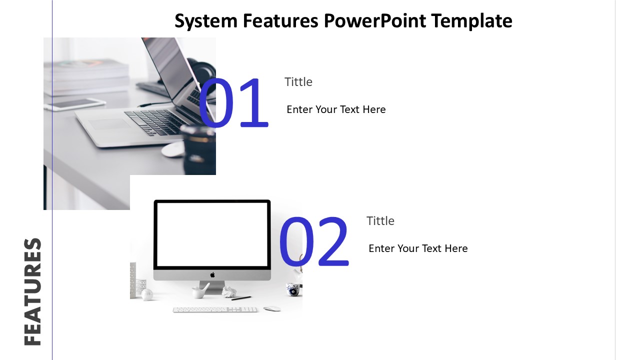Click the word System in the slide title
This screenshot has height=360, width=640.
[206, 21]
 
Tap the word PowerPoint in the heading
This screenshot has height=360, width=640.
[375, 20]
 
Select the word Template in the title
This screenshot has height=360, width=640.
[471, 21]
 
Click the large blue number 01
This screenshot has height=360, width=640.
[233, 103]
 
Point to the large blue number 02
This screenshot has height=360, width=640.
[313, 241]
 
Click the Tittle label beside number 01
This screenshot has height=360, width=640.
[298, 82]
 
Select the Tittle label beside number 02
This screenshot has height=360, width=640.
[380, 221]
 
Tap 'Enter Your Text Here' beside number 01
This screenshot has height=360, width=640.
[336, 109]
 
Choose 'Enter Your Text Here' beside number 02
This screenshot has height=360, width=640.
[418, 248]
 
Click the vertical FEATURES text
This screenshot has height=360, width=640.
[32, 291]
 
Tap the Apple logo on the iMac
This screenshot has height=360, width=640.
[212, 275]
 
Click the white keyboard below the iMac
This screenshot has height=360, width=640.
[215, 309]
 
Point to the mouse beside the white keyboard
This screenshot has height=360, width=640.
[272, 308]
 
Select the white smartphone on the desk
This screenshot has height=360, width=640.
[75, 104]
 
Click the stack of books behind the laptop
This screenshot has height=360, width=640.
[87, 77]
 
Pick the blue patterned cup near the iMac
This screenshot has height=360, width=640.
[293, 289]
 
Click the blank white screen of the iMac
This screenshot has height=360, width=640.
[212, 234]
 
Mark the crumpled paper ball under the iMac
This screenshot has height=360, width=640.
[229, 292]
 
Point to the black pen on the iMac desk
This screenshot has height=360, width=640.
[241, 298]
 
